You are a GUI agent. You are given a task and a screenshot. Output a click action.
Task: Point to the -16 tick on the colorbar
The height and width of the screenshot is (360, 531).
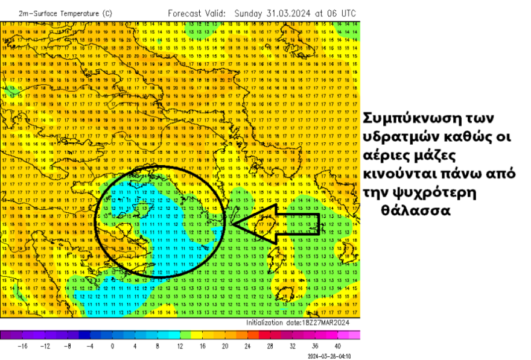pos(23,346)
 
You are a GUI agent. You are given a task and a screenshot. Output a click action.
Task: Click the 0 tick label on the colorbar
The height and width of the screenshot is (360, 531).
pos(112,346)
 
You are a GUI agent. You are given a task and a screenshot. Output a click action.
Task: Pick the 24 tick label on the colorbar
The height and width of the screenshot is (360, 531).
pos(247,346)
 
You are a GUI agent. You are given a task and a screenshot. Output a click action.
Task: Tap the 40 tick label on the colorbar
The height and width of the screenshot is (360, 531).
pos(337,346)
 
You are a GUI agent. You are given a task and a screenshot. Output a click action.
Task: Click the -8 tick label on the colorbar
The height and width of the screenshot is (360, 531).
pos(68,346)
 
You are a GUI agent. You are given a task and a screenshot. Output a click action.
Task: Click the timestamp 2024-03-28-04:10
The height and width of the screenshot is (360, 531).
pos(329,356)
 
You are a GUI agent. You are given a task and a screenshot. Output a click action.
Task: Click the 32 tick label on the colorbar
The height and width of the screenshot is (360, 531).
pos(292,346)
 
